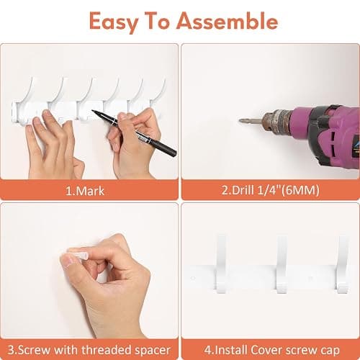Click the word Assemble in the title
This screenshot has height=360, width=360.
[228, 21]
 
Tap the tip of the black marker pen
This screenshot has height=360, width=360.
[93, 111]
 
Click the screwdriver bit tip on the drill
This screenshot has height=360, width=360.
[240, 120]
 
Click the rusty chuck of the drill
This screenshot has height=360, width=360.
[276, 120]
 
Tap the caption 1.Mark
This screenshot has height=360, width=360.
[85, 191]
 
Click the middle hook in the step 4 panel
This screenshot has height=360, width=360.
[282, 264]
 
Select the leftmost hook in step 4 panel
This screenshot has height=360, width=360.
[221, 264]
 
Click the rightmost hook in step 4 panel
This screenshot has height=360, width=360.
[343, 264]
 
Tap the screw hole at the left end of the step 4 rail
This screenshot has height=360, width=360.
[193, 278]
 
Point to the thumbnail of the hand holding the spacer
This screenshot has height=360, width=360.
[69, 261]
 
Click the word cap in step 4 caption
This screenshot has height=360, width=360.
[331, 351]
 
